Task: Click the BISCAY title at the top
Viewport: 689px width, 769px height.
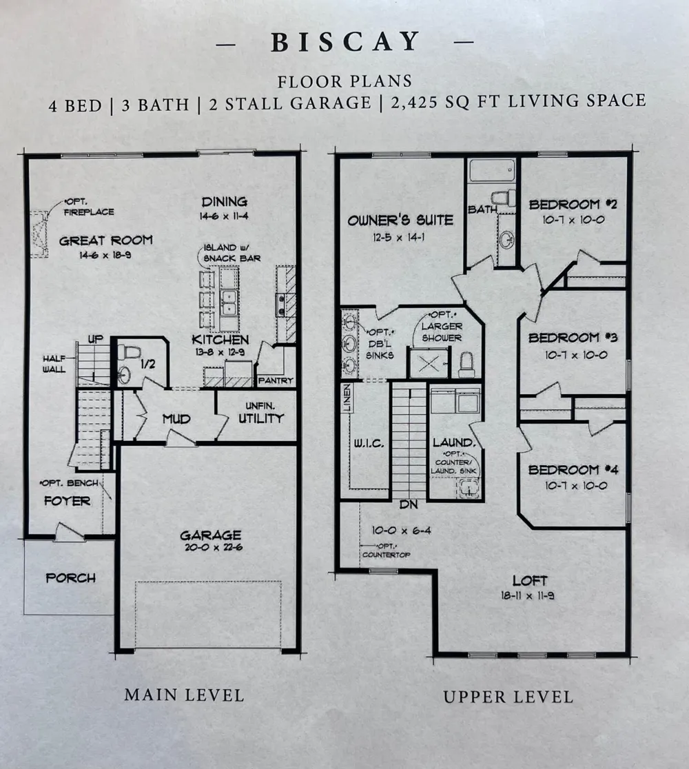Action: coord(345,41)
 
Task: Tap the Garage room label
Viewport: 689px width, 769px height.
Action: coord(210,535)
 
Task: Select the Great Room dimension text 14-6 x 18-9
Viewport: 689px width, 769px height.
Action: coord(105,255)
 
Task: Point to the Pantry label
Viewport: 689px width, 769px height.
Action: coord(276,380)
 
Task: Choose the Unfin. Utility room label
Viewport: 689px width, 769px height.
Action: coord(261,413)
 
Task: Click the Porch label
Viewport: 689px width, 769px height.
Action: coord(70,578)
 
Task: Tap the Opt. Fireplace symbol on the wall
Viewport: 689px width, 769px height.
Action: coord(39,234)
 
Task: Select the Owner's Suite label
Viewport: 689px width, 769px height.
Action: coord(400,221)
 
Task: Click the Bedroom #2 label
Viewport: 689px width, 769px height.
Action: coord(572,205)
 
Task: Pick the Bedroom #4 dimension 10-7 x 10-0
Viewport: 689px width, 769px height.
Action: coord(576,486)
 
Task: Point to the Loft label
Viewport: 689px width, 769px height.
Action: coord(530,581)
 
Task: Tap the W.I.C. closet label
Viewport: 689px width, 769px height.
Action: coord(369,444)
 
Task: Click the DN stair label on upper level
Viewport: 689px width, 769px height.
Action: coord(409,504)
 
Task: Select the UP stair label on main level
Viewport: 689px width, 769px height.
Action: coord(96,340)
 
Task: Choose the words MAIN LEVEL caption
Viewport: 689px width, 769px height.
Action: coord(184,695)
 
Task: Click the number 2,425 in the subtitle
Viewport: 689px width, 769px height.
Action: coord(419,103)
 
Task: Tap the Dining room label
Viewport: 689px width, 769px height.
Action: coord(225,202)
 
